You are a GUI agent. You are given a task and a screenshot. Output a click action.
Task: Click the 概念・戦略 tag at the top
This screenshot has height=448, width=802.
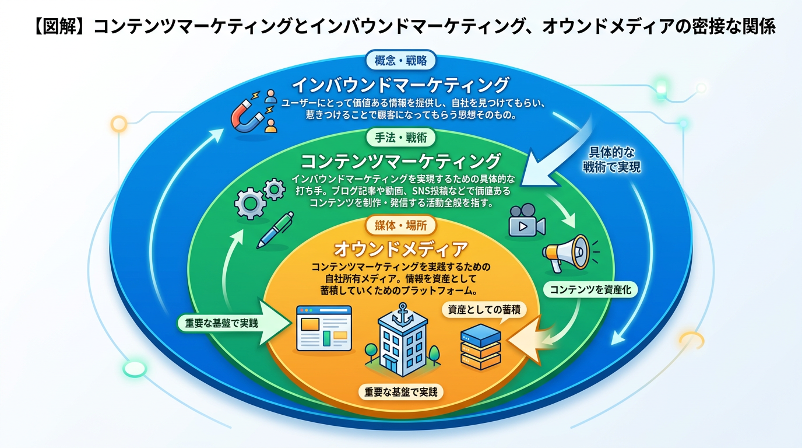[400, 60]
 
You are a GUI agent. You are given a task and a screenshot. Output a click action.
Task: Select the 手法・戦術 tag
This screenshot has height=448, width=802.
[402, 138]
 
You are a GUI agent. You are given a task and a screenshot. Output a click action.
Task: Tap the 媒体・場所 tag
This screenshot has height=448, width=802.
[401, 225]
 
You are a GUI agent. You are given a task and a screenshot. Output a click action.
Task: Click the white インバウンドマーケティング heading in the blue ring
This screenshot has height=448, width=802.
[400, 85]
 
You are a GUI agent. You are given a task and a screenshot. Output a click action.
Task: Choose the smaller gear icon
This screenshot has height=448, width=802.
[273, 188]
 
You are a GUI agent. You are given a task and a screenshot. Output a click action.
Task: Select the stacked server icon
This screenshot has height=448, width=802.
[480, 346]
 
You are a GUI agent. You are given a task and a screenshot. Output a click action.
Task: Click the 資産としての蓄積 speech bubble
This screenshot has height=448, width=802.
[483, 310]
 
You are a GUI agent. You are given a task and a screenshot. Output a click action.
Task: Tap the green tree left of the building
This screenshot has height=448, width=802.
[371, 351]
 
